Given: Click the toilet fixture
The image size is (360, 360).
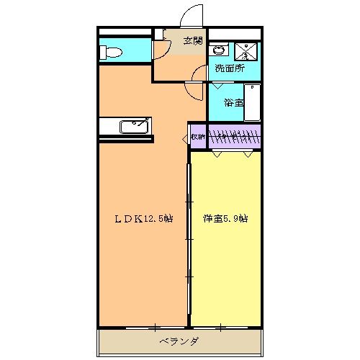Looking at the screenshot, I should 112,52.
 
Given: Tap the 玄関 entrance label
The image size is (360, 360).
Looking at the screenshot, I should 191,41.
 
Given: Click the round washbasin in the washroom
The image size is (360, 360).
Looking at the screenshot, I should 219,51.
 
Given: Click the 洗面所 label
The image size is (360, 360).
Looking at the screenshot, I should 229,70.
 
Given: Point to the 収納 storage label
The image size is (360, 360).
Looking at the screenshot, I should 197,136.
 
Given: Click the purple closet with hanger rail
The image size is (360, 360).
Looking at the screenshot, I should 234,136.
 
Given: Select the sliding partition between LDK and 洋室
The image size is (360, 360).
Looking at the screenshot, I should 189,238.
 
